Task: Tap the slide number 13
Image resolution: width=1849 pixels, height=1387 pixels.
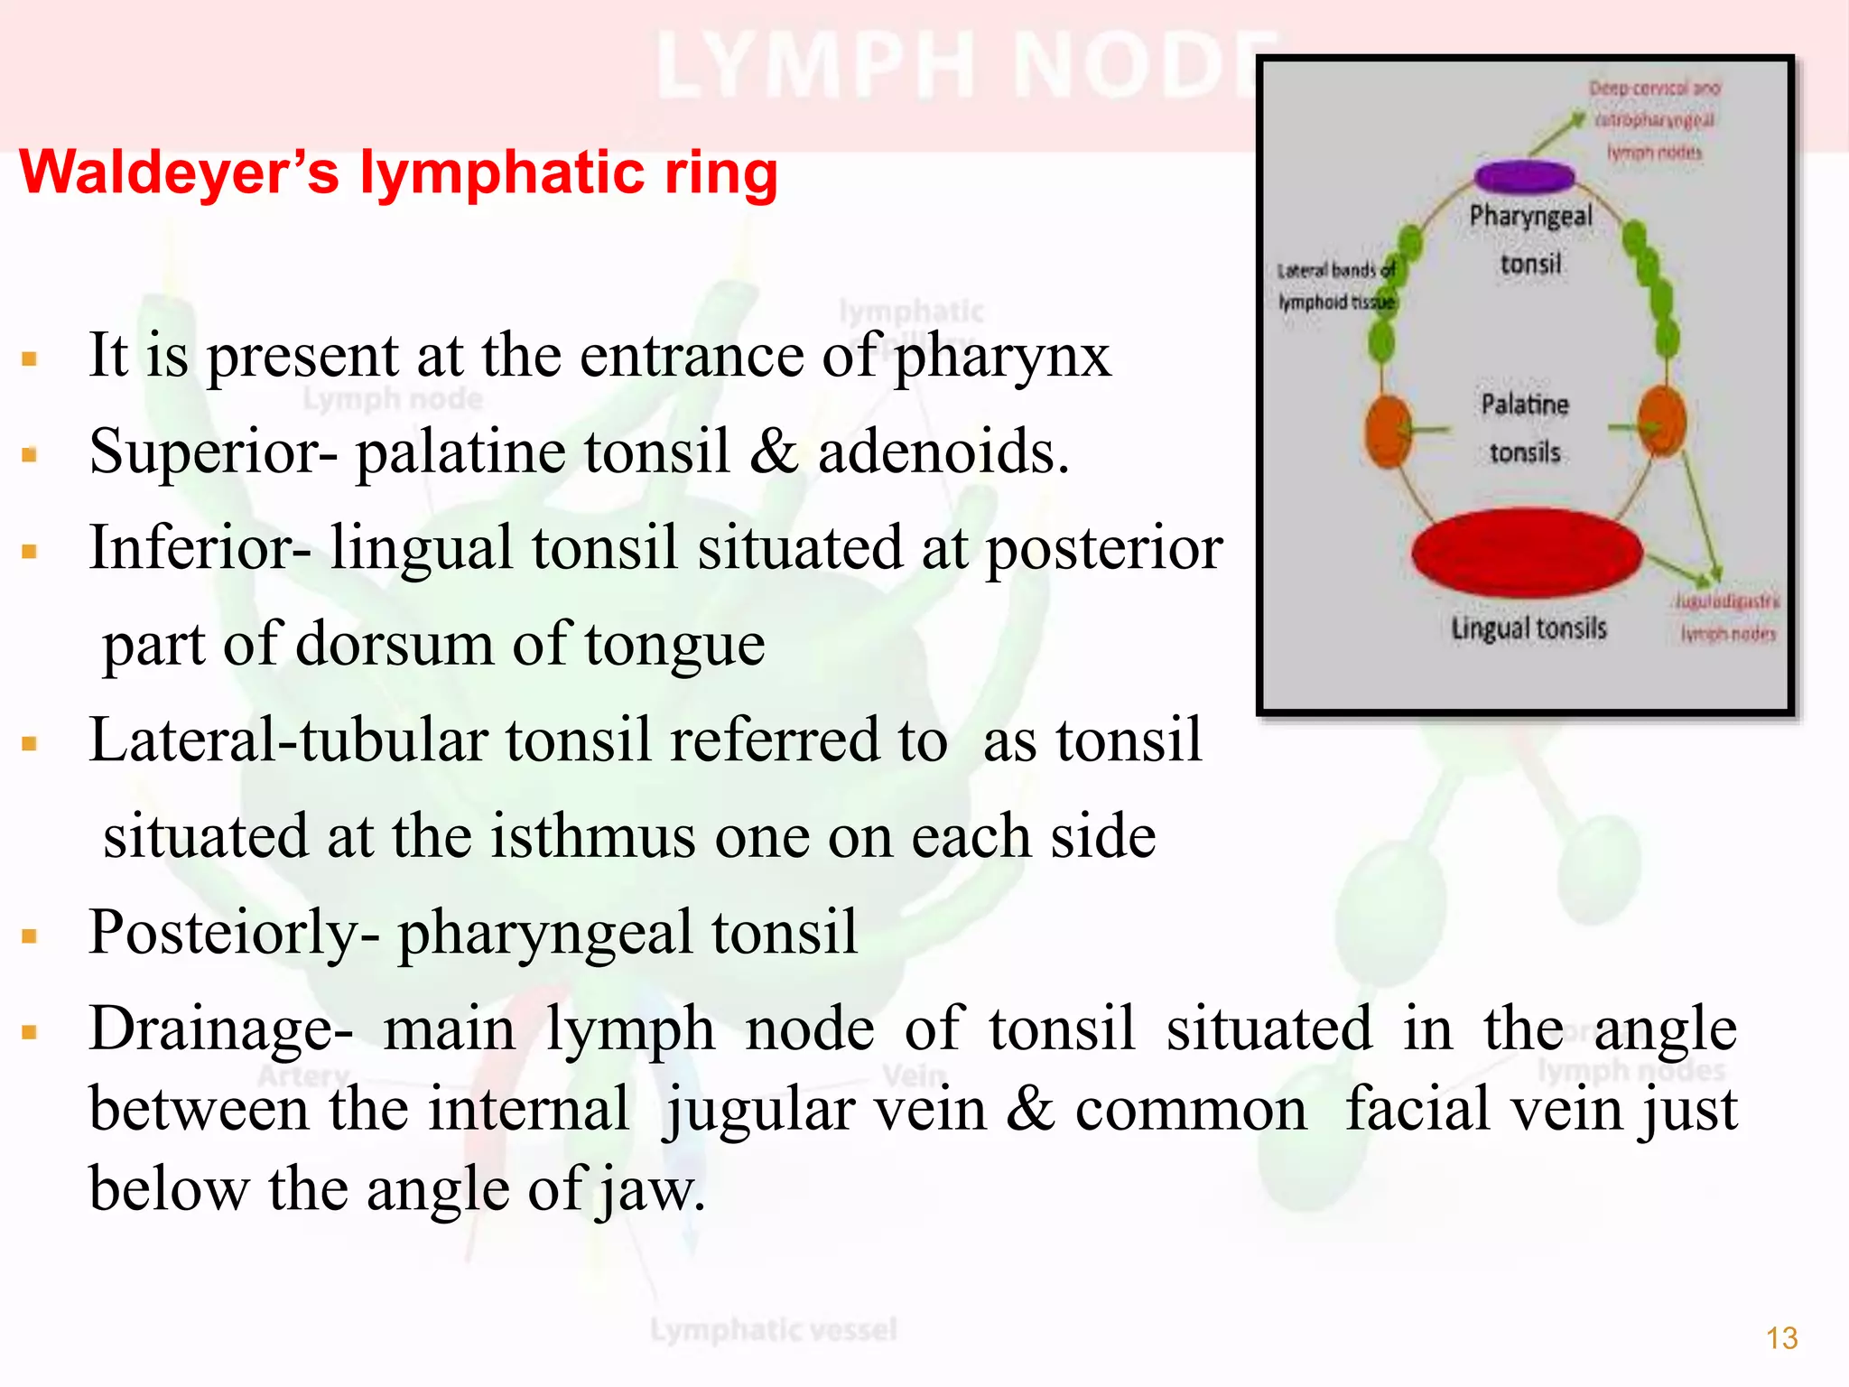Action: point(1781,1337)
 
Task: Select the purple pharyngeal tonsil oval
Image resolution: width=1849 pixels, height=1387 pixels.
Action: point(1523,176)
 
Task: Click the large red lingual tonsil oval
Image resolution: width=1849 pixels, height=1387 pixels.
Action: point(1527,554)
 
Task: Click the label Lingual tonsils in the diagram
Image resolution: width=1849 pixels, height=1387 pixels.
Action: point(1528,628)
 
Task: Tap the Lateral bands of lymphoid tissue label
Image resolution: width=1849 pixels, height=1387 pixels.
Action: point(1335,286)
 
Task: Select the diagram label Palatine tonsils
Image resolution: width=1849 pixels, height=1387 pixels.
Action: point(1525,428)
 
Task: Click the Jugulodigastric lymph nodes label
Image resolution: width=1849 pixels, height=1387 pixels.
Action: point(1727,618)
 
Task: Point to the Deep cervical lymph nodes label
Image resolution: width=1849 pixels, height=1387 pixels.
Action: point(1654,120)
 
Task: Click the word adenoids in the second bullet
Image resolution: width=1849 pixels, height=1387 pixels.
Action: point(943,451)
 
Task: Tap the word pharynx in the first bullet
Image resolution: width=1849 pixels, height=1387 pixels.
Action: point(1002,356)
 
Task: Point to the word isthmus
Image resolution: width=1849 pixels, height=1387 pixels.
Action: point(592,836)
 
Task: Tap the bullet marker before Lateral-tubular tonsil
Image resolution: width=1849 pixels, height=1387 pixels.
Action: point(30,744)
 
